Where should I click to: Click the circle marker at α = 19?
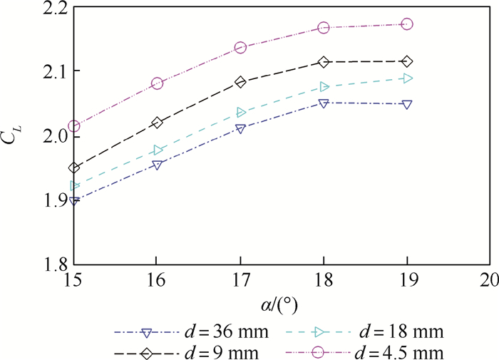click(x=407, y=24)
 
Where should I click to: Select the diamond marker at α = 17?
click(x=240, y=82)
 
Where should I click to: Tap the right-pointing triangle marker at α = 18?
click(x=324, y=87)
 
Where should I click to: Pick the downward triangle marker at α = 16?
click(x=158, y=165)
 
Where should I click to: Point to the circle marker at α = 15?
click(x=74, y=127)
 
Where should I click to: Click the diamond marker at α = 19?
click(x=407, y=62)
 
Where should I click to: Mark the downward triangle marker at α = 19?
click(x=407, y=105)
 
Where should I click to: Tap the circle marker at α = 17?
click(x=240, y=48)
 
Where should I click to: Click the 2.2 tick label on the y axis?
click(x=50, y=9)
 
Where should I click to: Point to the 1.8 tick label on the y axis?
click(x=50, y=263)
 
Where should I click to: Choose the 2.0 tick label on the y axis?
click(x=50, y=135)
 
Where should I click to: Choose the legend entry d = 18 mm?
click(x=364, y=331)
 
